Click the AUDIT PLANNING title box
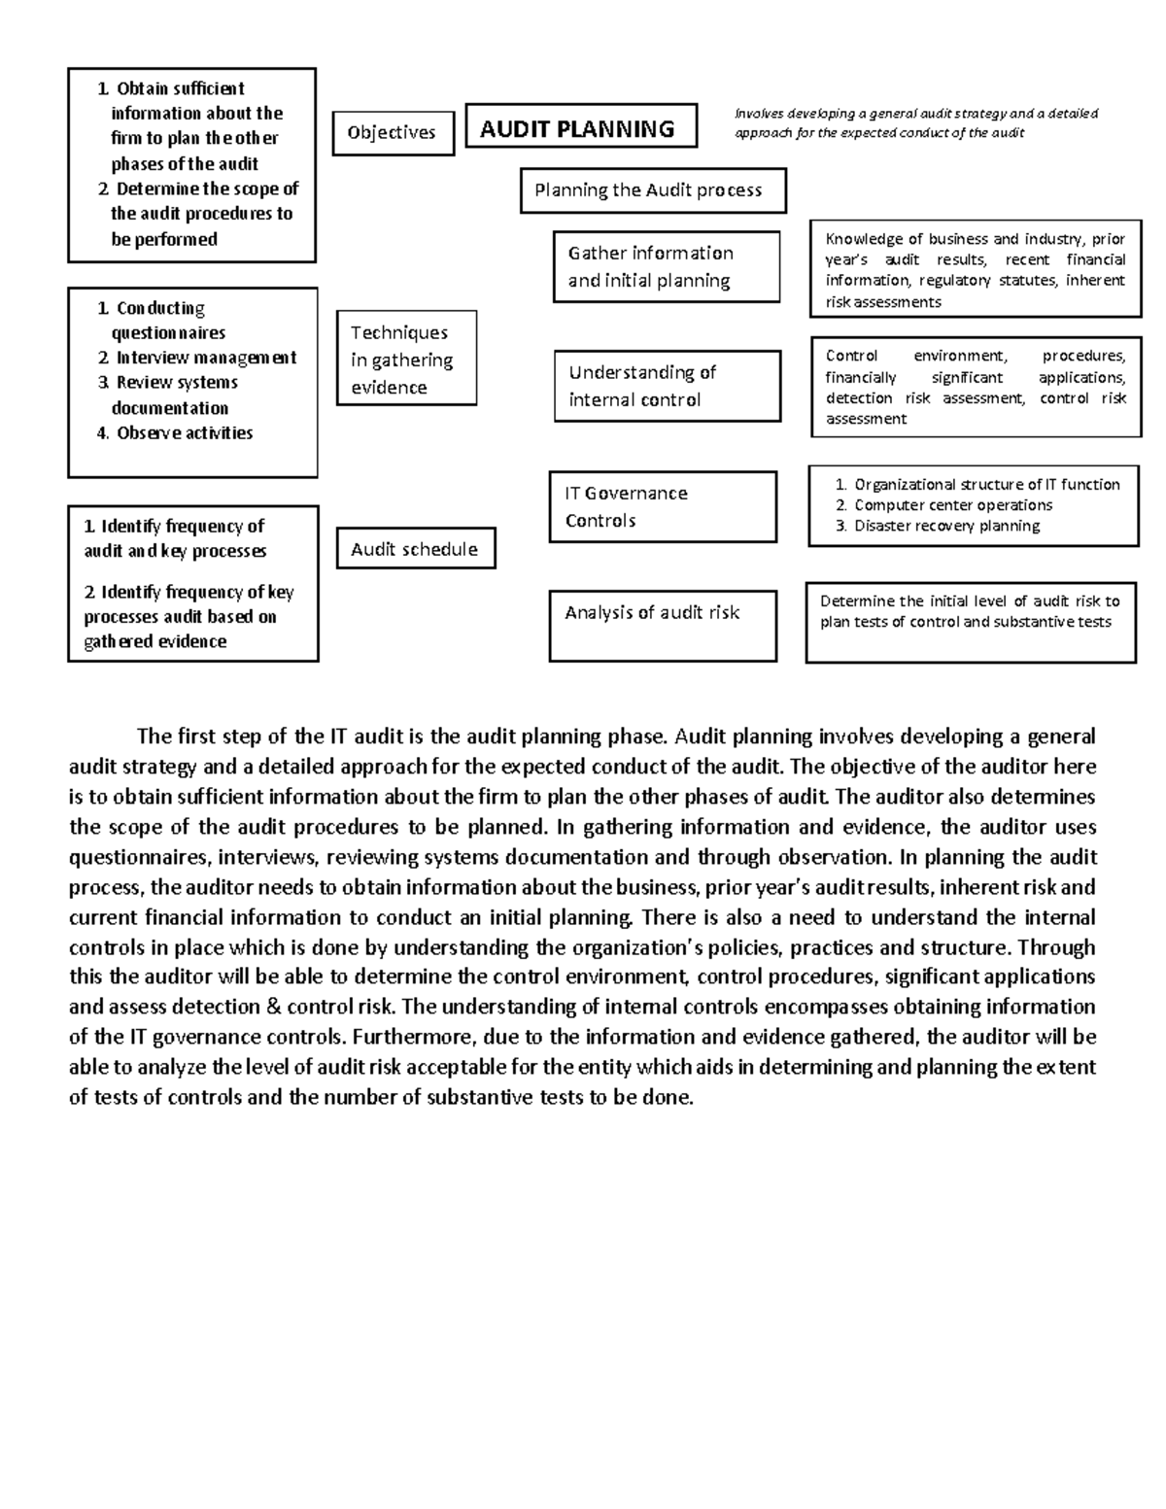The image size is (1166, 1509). (x=580, y=127)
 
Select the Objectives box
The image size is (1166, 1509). (x=393, y=133)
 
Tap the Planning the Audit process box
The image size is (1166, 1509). (x=652, y=190)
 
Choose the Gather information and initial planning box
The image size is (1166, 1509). (x=666, y=266)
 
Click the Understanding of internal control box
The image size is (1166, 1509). (x=667, y=386)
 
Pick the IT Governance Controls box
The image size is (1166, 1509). (x=663, y=506)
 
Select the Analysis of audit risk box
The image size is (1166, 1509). (x=662, y=625)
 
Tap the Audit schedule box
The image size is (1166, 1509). (x=415, y=549)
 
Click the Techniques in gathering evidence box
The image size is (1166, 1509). (x=406, y=359)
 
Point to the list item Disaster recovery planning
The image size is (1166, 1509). (x=946, y=526)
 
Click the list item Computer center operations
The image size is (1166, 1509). (x=952, y=505)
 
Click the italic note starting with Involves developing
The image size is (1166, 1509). (x=915, y=122)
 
